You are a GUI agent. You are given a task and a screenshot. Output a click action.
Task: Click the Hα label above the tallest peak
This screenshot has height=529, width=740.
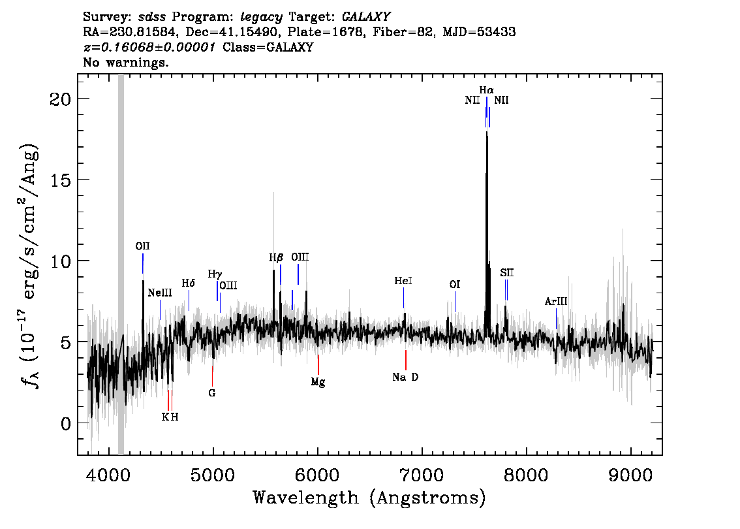coord(486,90)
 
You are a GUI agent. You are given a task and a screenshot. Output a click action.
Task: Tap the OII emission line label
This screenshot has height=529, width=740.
coord(142,246)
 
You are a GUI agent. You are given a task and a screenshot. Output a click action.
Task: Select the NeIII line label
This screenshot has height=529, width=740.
coord(160,293)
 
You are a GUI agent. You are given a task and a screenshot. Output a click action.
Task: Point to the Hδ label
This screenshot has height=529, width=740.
coord(189,283)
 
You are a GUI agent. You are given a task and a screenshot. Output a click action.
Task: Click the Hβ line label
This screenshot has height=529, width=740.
coord(276,258)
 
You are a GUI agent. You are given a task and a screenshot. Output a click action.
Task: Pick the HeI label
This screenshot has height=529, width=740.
coord(403,281)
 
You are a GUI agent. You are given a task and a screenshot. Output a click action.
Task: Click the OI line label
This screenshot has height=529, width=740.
coord(455,285)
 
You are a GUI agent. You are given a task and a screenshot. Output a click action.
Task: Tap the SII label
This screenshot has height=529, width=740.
coord(507,272)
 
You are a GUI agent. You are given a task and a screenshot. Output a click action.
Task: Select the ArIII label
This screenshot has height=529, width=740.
coord(556,301)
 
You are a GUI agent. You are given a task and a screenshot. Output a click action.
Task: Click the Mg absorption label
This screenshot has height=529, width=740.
coord(318,382)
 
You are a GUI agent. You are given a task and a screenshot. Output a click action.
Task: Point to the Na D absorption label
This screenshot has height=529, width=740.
coord(405,377)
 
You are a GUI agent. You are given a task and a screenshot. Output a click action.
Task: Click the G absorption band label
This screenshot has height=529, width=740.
coord(211,393)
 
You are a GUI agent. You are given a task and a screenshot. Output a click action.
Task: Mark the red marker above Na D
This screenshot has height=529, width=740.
coord(406,360)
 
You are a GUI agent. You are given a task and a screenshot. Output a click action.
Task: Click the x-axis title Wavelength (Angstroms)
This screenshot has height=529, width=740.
coord(369,498)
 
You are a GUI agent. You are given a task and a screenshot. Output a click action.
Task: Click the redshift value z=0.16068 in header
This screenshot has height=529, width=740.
coord(149,48)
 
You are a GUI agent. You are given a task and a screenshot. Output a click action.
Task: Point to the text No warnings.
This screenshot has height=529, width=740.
coord(126,63)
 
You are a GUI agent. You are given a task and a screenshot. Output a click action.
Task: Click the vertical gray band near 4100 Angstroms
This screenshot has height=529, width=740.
coord(121,261)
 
